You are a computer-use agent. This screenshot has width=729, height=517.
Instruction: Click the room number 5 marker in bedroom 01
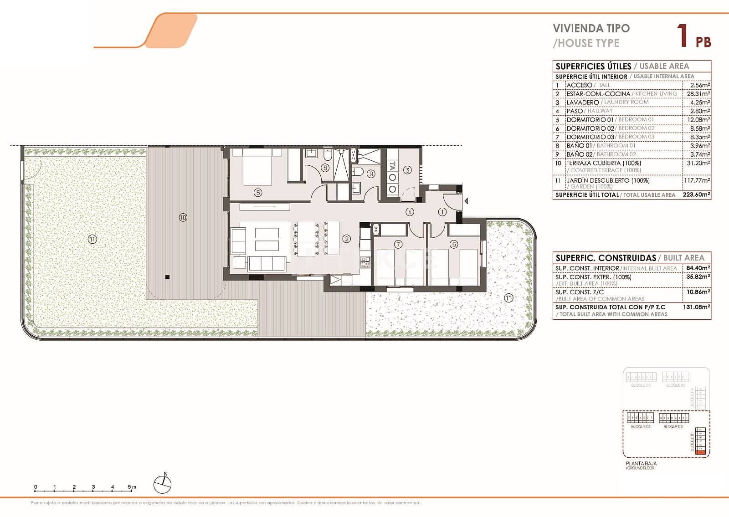[258, 193]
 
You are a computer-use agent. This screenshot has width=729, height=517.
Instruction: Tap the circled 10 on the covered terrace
[183, 218]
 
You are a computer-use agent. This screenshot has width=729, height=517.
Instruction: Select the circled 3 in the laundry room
[407, 170]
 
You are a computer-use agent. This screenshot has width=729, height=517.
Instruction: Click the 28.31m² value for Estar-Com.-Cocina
[698, 94]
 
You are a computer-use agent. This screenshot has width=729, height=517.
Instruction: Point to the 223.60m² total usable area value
[696, 195]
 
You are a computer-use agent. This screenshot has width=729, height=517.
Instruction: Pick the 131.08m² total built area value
[696, 307]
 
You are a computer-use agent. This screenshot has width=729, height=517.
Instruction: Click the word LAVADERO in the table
[582, 102]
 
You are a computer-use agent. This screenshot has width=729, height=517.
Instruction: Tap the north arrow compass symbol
[163, 484]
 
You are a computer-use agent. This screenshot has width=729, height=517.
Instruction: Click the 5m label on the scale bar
[132, 487]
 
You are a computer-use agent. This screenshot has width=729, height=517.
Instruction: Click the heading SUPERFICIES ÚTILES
[593, 67]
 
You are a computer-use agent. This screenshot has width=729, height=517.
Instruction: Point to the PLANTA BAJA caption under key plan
[641, 463]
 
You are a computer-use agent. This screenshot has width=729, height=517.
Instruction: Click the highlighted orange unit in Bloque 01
[701, 452]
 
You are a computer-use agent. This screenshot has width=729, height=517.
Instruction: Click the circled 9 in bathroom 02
[371, 174]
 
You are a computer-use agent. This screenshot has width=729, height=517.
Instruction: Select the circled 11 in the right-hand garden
[508, 298]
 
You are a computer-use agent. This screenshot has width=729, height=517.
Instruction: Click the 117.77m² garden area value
[696, 180]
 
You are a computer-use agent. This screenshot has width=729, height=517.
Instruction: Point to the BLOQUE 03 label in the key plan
[640, 427]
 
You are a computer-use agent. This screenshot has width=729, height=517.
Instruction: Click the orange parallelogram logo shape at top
[172, 31]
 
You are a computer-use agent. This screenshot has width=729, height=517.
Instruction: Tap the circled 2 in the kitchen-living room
[347, 239]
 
